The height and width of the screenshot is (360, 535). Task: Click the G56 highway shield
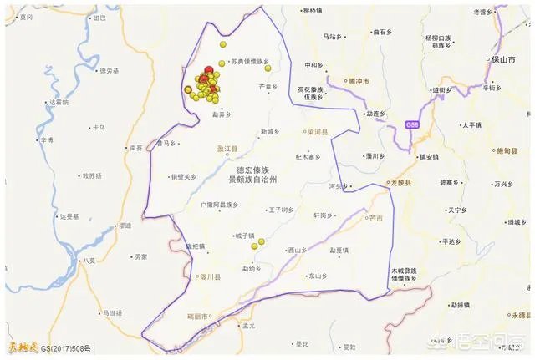pyautogui.click(x=410, y=124)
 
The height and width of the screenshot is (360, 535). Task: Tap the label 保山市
pyautogui.click(x=501, y=61)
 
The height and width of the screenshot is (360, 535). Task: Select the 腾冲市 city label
pyautogui.click(x=360, y=81)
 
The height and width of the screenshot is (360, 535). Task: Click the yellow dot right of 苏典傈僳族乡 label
pyautogui.click(x=267, y=68)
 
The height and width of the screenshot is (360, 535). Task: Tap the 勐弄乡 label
pyautogui.click(x=222, y=115)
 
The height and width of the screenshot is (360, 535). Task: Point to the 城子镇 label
pyautogui.click(x=243, y=236)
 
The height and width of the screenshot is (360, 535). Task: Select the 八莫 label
pyautogui.click(x=90, y=261)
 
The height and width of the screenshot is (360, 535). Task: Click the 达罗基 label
pyautogui.click(x=68, y=216)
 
